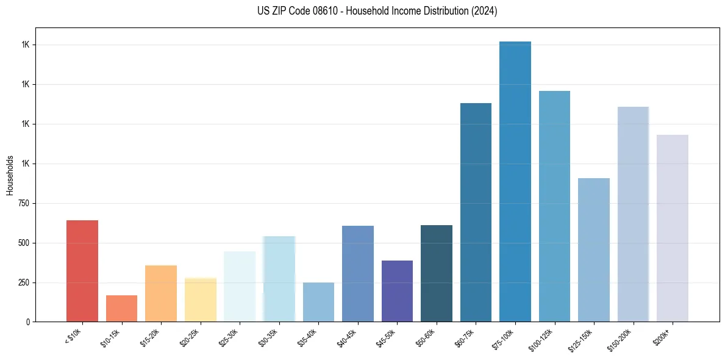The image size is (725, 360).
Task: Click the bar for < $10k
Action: (82, 271)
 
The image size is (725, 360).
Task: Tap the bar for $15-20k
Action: (161, 293)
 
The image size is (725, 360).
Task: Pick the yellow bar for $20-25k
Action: (201, 300)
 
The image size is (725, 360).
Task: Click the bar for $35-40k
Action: (318, 302)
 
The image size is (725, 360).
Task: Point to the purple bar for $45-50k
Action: (397, 291)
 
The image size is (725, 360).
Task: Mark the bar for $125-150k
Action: (594, 250)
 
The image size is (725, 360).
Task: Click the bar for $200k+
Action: (673, 228)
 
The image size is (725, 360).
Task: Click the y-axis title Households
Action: (10, 175)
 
